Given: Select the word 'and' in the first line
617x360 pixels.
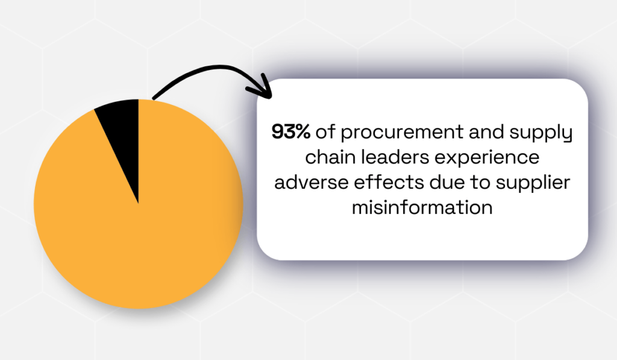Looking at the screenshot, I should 482,132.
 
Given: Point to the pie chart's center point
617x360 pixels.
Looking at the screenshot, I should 139,204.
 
